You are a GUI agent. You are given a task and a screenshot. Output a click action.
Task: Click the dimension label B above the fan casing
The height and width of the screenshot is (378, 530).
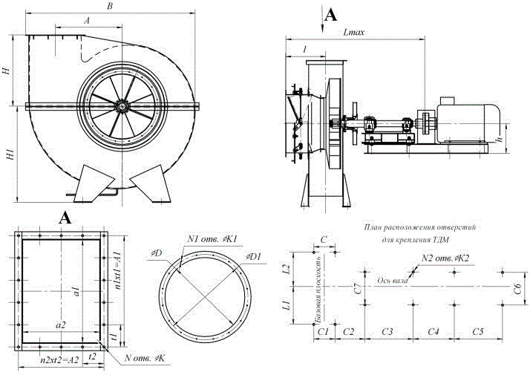click(x=110, y=7)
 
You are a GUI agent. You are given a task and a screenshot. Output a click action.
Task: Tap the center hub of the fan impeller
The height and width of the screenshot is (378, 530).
click(x=120, y=106)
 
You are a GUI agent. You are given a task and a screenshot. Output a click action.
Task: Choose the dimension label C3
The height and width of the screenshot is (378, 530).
click(x=387, y=330)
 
